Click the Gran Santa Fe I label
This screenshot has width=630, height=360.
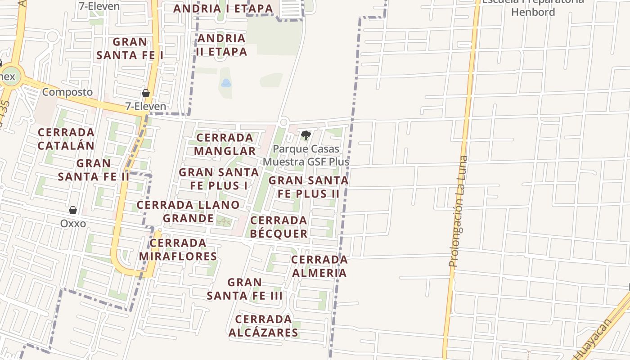[x=130, y=49]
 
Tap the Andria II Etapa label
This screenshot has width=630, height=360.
[x=221, y=45]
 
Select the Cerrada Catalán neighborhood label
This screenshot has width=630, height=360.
[x=66, y=139]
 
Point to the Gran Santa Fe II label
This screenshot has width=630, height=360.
[x=94, y=170]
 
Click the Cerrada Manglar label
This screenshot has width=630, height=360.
[x=225, y=144]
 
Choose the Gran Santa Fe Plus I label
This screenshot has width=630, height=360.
[x=219, y=179]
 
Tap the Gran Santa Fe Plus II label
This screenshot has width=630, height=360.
[x=308, y=187]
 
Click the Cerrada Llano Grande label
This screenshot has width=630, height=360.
[x=188, y=211]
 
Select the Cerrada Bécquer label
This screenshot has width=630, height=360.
[x=279, y=227]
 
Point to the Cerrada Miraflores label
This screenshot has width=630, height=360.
[x=178, y=250]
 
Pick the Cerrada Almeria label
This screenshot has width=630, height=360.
[x=319, y=266]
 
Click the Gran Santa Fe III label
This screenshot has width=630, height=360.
[x=244, y=289]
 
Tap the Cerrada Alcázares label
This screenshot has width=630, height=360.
[x=263, y=326]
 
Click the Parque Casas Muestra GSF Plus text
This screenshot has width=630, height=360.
[x=306, y=155]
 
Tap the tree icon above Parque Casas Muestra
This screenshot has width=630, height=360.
[x=306, y=135]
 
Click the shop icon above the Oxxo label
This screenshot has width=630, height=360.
[x=73, y=210]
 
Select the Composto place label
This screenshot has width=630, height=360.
[x=67, y=92]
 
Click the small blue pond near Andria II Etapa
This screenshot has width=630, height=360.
[x=226, y=83]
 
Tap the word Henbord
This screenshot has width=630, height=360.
[x=533, y=12]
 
